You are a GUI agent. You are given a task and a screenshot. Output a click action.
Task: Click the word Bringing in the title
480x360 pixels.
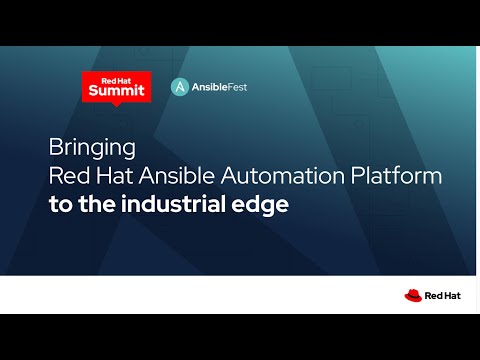(92, 148)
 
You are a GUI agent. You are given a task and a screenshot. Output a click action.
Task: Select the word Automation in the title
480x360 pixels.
(283, 176)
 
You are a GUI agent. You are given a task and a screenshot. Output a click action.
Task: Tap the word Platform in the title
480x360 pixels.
(396, 175)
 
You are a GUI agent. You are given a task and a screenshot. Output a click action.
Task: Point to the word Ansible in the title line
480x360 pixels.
(176, 175)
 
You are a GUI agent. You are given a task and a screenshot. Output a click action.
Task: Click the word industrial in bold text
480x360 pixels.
(174, 204)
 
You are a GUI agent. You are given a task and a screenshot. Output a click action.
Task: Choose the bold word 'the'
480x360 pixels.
(97, 204)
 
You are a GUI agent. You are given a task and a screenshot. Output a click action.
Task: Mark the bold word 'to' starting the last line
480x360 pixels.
(61, 205)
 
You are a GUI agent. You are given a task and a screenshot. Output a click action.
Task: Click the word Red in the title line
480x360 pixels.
(69, 175)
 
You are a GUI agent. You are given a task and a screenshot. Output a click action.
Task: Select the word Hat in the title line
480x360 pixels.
(114, 175)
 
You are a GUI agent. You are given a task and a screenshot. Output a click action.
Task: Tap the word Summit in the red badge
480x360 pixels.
(117, 90)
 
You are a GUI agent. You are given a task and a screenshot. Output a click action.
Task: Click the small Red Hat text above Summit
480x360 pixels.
(116, 81)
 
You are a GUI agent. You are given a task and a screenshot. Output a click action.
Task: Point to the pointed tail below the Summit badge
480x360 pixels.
(116, 104)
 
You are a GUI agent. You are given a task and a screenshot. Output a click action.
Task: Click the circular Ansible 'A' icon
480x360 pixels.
(180, 87)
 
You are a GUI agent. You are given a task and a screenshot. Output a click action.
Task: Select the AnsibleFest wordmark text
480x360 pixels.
(219, 87)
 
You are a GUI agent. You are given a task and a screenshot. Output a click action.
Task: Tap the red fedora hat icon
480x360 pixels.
(413, 295)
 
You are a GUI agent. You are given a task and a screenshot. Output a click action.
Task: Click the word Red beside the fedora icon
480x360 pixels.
(432, 296)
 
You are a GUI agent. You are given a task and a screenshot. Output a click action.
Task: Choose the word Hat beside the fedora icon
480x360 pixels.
(452, 296)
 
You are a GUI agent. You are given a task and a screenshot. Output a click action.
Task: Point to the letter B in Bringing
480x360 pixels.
(55, 146)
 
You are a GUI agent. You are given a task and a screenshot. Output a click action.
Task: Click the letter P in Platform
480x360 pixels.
(357, 176)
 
